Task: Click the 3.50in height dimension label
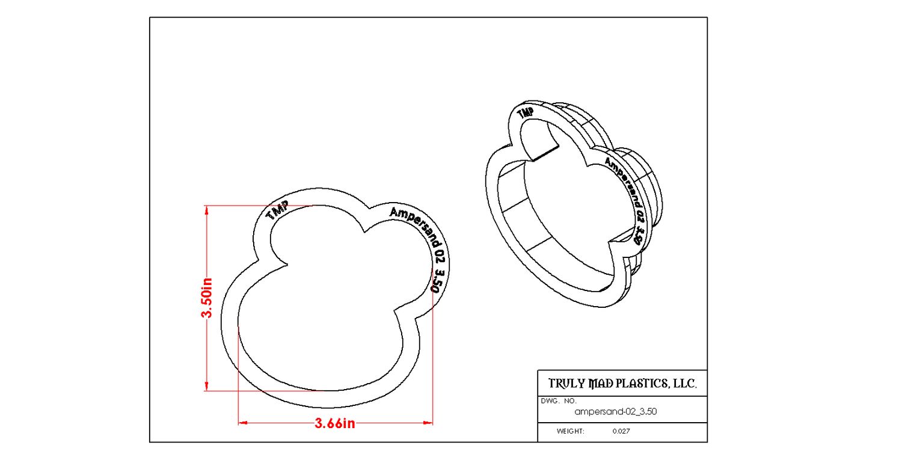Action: [207, 298]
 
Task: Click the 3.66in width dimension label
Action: [334, 423]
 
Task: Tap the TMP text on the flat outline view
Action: [277, 210]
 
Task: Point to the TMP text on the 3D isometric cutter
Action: [526, 113]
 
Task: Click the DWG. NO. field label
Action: [559, 401]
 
